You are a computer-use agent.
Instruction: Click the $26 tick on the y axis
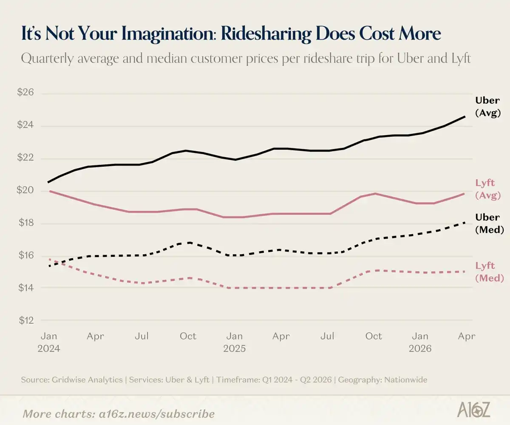click(25, 92)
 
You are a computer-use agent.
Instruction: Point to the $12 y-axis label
click(26, 320)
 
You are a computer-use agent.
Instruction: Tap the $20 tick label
click(25, 190)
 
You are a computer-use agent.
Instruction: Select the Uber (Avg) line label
click(488, 107)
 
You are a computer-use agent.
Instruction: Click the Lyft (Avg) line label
click(488, 189)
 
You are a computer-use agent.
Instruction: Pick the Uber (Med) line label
click(490, 223)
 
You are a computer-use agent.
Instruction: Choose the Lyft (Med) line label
click(490, 272)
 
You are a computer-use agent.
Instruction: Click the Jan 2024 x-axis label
click(49, 342)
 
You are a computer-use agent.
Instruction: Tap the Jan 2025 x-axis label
click(235, 342)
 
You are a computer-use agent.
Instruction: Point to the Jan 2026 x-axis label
click(420, 342)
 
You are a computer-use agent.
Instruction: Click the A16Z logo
click(473, 409)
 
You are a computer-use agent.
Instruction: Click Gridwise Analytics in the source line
click(87, 380)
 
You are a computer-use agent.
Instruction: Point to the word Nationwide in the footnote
click(406, 380)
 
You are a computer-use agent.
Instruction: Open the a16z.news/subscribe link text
click(156, 414)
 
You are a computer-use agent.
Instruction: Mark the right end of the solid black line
click(465, 117)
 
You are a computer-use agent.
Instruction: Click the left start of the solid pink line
click(50, 191)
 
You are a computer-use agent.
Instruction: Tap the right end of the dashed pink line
click(464, 272)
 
